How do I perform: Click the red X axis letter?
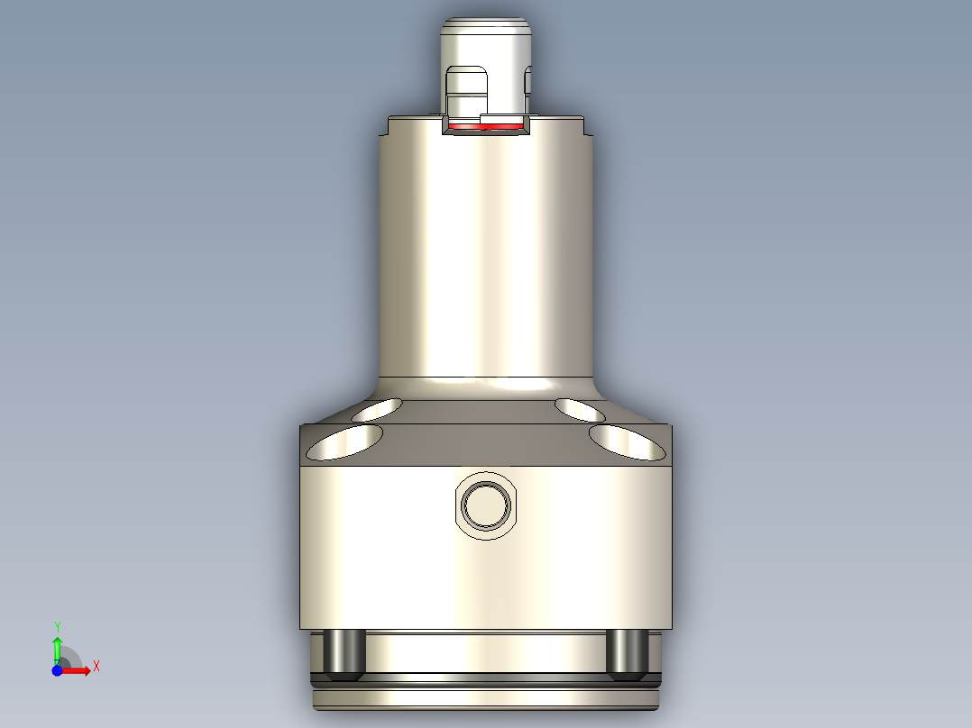point(96,667)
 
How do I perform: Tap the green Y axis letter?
point(57,625)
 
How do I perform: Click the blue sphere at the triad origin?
point(57,670)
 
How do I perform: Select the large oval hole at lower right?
point(628,441)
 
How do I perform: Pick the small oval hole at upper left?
point(379,410)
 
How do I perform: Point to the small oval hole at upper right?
point(581,410)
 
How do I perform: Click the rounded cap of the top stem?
point(486,36)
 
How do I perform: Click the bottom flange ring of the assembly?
point(486,697)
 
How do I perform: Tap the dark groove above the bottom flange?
point(486,677)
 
